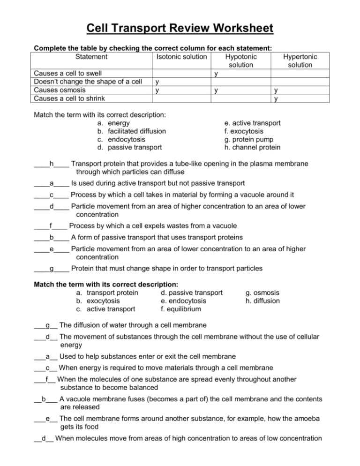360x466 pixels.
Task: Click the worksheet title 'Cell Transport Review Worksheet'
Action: click(180, 29)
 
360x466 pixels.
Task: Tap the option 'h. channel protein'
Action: click(253, 147)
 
